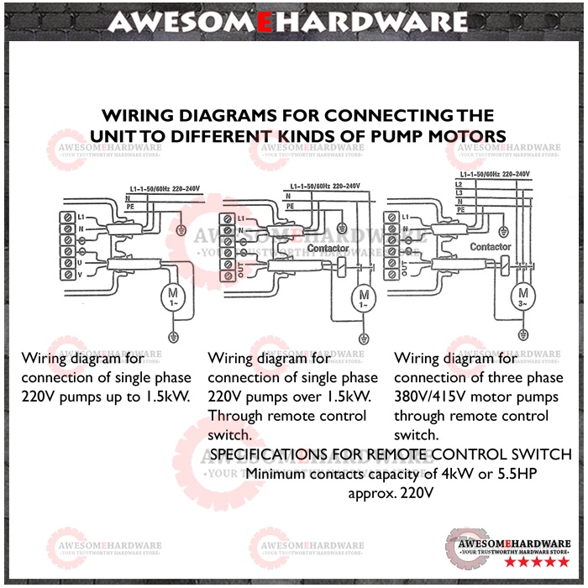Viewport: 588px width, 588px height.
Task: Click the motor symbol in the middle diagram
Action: point(364,297)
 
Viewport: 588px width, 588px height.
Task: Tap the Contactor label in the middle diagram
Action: point(328,249)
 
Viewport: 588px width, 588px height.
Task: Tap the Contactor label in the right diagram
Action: point(490,247)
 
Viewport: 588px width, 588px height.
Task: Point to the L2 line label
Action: point(458,184)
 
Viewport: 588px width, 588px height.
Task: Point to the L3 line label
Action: point(458,192)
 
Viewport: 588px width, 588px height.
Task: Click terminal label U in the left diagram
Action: point(80,261)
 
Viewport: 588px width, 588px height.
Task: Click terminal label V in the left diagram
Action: point(80,273)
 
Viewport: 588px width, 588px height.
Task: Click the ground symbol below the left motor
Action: point(174,338)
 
